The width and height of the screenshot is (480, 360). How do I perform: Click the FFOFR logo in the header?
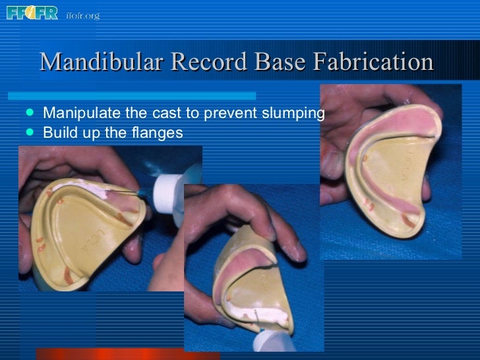point(32,13)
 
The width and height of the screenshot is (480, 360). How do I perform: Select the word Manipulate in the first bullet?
point(74,113)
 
